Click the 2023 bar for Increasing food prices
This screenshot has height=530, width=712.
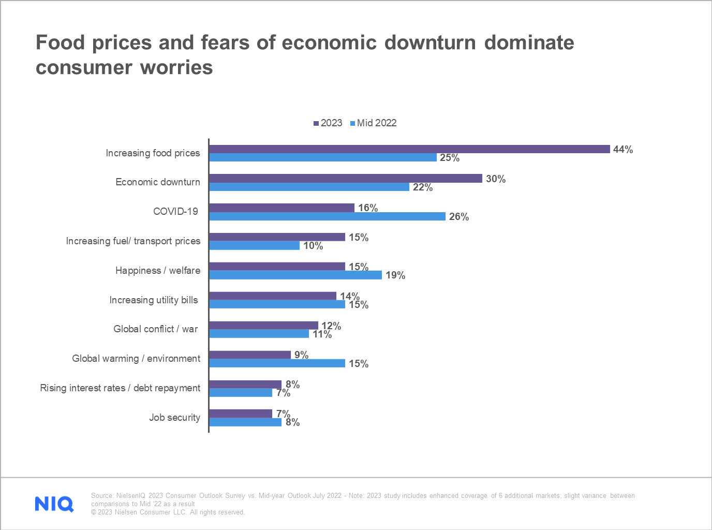(x=409, y=149)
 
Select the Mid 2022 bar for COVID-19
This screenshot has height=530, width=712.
(x=327, y=216)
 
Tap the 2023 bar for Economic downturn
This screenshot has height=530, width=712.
(x=346, y=179)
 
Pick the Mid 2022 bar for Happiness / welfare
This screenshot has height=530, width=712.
(x=295, y=275)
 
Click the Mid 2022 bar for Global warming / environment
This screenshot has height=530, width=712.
(x=277, y=363)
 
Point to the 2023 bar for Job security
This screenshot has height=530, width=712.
(x=241, y=414)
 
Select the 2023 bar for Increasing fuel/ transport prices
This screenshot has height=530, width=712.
(x=277, y=237)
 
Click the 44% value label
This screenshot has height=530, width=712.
(x=622, y=150)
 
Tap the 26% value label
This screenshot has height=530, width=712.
(x=458, y=217)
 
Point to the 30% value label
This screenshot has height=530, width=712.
(x=495, y=179)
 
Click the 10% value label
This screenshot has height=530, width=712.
(x=313, y=246)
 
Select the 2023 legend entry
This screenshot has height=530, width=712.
(x=328, y=123)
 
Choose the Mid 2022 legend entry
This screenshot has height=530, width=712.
(x=373, y=123)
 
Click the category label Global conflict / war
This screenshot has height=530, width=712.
(x=155, y=329)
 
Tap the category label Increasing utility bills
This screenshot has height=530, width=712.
(x=153, y=300)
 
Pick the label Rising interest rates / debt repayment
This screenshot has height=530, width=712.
(x=120, y=388)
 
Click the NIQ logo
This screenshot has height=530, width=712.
(x=54, y=504)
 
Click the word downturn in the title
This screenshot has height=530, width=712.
(x=429, y=42)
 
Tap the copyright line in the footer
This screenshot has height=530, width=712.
(x=168, y=512)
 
